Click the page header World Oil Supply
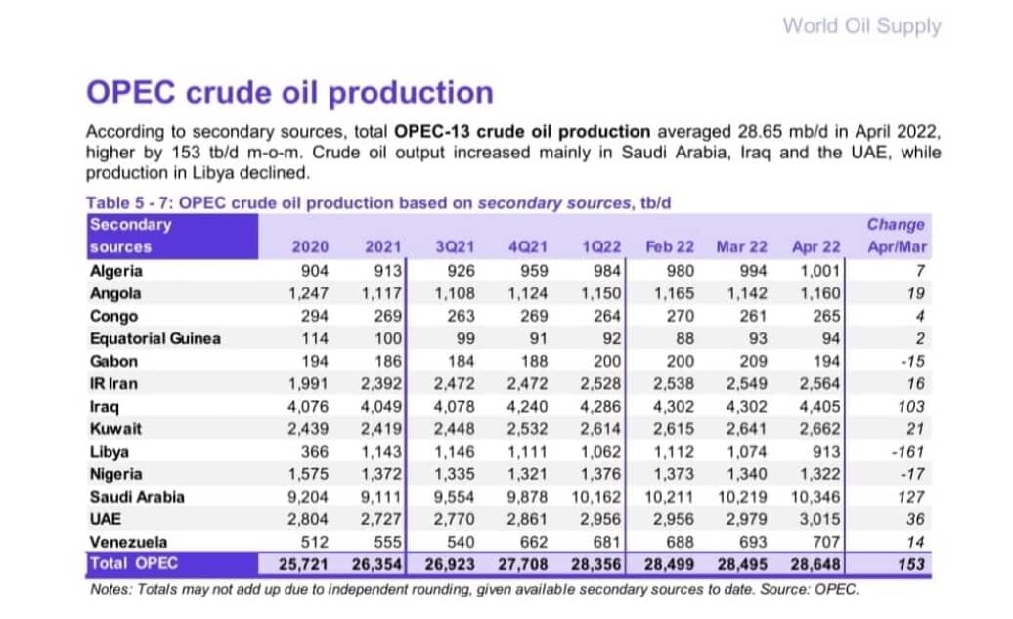[861, 26]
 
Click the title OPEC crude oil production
[290, 92]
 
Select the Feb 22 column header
[670, 246]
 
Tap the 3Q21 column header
[455, 246]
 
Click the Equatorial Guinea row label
[155, 338]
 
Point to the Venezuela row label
[128, 542]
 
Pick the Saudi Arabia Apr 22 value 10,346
[815, 497]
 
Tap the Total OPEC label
[134, 563]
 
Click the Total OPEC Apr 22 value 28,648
[815, 564]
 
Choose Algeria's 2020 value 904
[315, 271]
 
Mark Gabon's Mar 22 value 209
[753, 361]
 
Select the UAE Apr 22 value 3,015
[819, 519]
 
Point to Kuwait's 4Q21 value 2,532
[527, 429]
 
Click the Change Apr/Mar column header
[897, 236]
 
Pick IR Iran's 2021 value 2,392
[381, 383]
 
